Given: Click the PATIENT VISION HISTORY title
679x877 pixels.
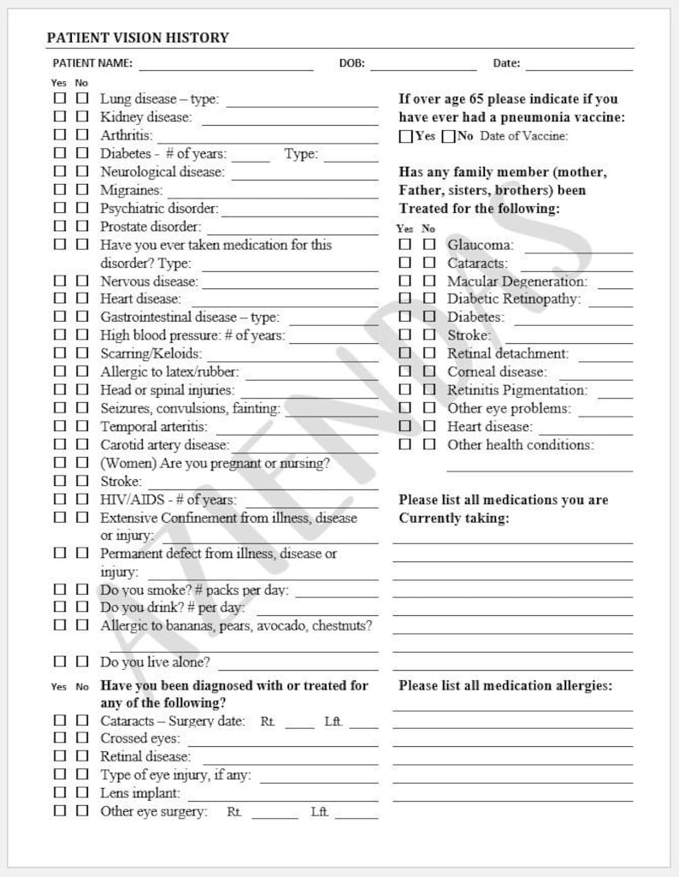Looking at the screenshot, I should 138,38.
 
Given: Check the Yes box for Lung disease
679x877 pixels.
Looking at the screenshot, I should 60,99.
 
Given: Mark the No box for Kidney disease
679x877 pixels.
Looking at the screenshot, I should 82,117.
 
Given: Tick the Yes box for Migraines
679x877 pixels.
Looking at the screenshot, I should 60,190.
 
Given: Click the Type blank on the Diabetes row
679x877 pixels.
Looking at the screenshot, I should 351,156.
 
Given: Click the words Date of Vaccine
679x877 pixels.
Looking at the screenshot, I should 523,136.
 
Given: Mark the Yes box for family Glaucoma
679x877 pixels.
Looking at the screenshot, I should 405,245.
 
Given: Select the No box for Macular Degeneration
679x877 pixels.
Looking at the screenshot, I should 428,281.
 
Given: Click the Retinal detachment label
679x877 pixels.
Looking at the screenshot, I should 507,353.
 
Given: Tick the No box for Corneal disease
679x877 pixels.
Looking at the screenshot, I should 428,372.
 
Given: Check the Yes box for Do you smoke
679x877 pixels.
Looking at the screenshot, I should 60,590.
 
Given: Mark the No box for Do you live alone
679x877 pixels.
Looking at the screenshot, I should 82,661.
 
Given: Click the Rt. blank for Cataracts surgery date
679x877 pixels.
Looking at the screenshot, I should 299,723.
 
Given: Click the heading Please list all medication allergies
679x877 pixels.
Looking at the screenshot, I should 505,685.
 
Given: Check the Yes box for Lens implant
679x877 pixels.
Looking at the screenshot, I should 60,793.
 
